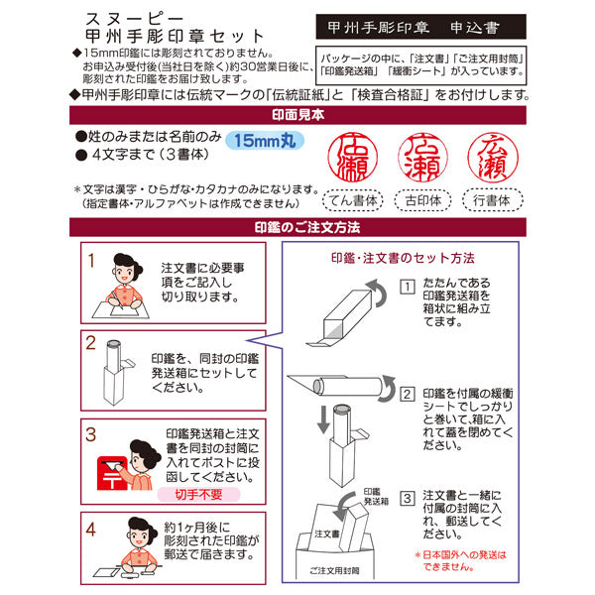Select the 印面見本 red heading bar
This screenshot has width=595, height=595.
point(297,114)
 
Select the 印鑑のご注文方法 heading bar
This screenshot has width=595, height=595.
point(297,228)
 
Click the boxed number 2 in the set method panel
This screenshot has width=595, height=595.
point(407,394)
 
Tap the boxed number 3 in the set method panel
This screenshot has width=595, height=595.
point(407,497)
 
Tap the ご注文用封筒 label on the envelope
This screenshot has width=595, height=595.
point(334,572)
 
